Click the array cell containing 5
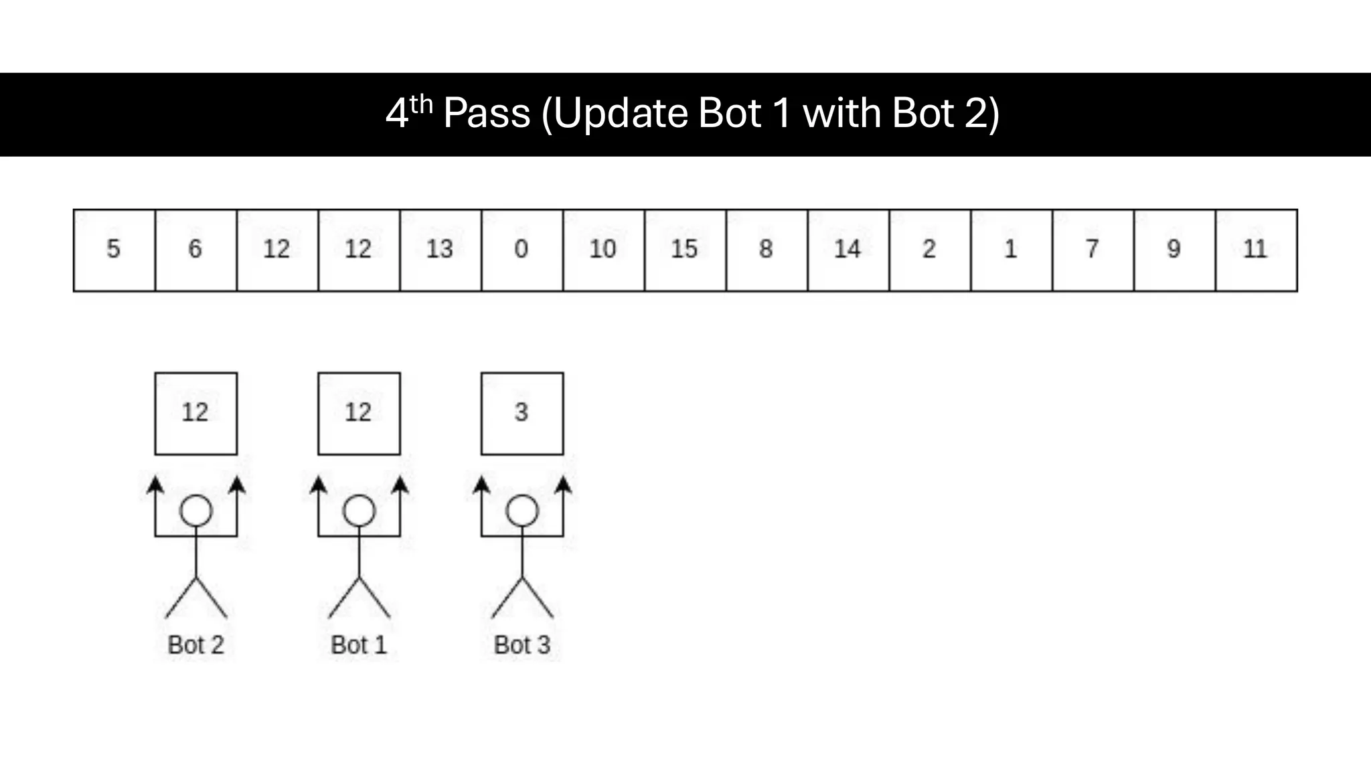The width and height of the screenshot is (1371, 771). tap(114, 250)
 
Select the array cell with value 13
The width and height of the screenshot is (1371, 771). tap(440, 250)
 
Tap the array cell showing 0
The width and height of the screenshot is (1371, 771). tap(521, 250)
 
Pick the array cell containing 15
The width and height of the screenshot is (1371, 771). tap(685, 250)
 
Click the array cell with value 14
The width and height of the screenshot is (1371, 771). tap(848, 250)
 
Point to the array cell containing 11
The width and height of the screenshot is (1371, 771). tap(1256, 250)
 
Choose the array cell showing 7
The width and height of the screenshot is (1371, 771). tap(1093, 250)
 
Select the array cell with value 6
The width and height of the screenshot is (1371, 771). tap(195, 250)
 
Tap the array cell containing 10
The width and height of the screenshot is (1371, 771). tap(603, 250)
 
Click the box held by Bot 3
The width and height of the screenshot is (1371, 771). tap(522, 414)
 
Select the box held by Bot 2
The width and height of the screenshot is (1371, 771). tap(195, 414)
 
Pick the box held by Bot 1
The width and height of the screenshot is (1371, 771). tap(359, 414)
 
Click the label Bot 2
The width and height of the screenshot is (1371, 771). tap(195, 645)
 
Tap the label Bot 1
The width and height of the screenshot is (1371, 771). tap(359, 645)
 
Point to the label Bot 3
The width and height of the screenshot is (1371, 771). tap(522, 645)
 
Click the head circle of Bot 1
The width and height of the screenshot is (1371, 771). tap(359, 511)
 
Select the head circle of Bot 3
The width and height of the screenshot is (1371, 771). tap(522, 511)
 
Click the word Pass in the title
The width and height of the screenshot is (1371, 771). tap(486, 113)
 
